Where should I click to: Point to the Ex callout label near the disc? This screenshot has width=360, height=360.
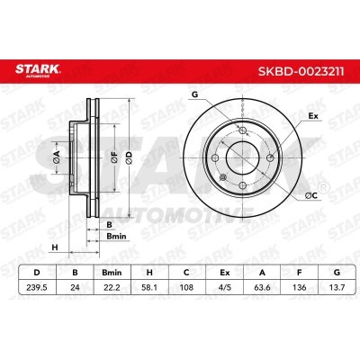pyautogui.click(x=312, y=116)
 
